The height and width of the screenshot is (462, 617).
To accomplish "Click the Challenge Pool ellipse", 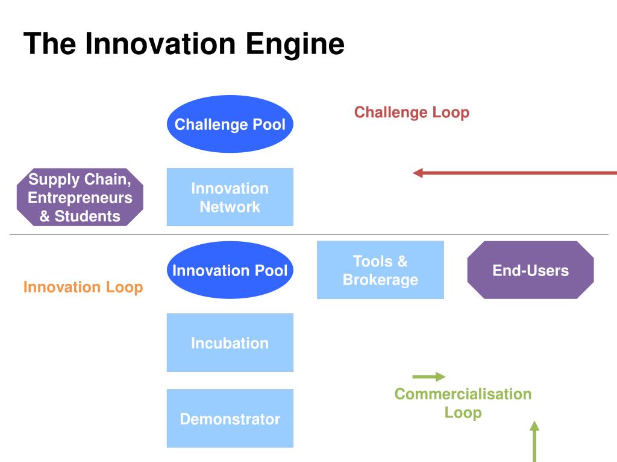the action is [x=230, y=124].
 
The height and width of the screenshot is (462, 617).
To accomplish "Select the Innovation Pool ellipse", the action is [x=230, y=270].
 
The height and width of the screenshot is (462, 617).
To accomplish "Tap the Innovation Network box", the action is [x=230, y=197].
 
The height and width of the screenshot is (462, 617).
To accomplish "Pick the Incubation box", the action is [x=230, y=342].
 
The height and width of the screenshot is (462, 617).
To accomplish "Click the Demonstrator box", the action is [x=230, y=419].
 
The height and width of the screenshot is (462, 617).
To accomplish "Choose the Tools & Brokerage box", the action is [x=381, y=270].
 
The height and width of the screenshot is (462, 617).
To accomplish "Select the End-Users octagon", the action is [x=530, y=270].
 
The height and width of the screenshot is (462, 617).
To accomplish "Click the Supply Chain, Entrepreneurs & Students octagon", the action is [x=80, y=197].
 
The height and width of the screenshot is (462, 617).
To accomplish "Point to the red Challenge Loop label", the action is [x=412, y=112].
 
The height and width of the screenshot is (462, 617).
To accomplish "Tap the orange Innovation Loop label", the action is [x=83, y=287].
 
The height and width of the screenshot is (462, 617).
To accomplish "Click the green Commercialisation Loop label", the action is [x=463, y=404].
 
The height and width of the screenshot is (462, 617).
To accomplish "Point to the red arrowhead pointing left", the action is [x=418, y=173].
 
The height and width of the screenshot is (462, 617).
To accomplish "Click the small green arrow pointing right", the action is [x=429, y=377].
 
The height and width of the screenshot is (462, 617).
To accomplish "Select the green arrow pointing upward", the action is [x=534, y=441].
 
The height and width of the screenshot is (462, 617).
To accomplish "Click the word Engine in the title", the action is [x=295, y=44].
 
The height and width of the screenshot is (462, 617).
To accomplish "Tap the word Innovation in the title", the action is [x=160, y=43].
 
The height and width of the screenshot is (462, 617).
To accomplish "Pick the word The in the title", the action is [x=49, y=43].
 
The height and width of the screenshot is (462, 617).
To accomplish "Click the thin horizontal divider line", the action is [x=309, y=234].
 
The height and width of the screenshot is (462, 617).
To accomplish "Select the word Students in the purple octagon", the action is [x=87, y=216].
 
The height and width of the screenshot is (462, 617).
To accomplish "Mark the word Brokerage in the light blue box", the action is [x=381, y=280].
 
